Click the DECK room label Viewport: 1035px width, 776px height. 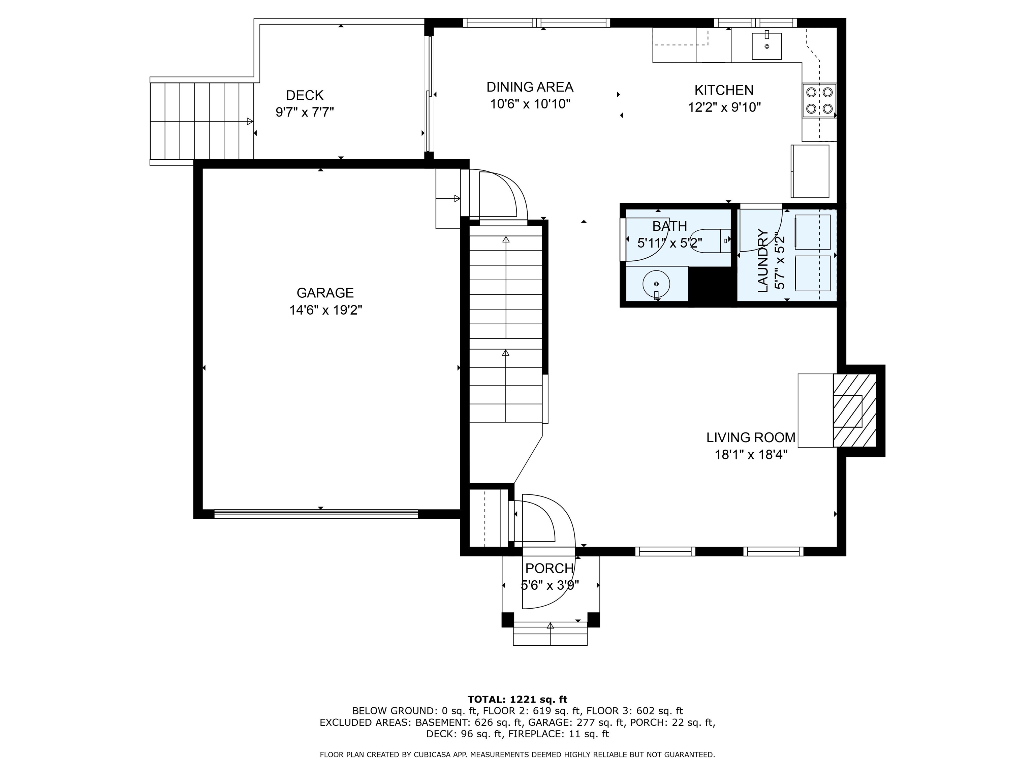coord(305,95)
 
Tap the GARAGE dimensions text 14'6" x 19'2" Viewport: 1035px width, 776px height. coord(326,310)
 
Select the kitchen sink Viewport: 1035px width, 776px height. coord(766,46)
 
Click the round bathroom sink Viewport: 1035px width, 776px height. coord(656,284)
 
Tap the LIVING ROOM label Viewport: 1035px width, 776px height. coord(751,438)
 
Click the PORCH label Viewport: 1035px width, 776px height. coord(549,568)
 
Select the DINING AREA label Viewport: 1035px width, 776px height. coord(530,87)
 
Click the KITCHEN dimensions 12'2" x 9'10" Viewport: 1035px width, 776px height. coord(724,107)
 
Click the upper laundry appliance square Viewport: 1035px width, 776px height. coord(812,232)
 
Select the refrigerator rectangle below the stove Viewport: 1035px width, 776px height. coord(810,171)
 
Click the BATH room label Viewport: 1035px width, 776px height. coord(669,226)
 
